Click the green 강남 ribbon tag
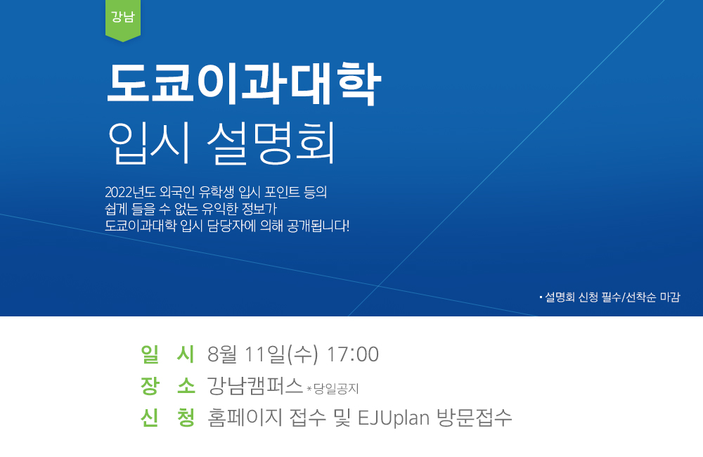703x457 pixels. tap(123, 20)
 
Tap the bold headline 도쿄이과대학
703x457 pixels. tap(243, 84)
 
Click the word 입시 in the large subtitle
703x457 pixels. tap(150, 143)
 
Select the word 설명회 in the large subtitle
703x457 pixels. tap(271, 143)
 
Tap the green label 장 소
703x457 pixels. tap(168, 386)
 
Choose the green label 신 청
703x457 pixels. tap(168, 418)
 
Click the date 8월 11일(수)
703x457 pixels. tap(263, 354)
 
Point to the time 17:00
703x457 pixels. tap(353, 354)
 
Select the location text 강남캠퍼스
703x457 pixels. tap(254, 386)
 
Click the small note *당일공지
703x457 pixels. tap(333, 388)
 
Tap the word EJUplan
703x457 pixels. tap(394, 418)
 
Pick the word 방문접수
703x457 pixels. tap(474, 418)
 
